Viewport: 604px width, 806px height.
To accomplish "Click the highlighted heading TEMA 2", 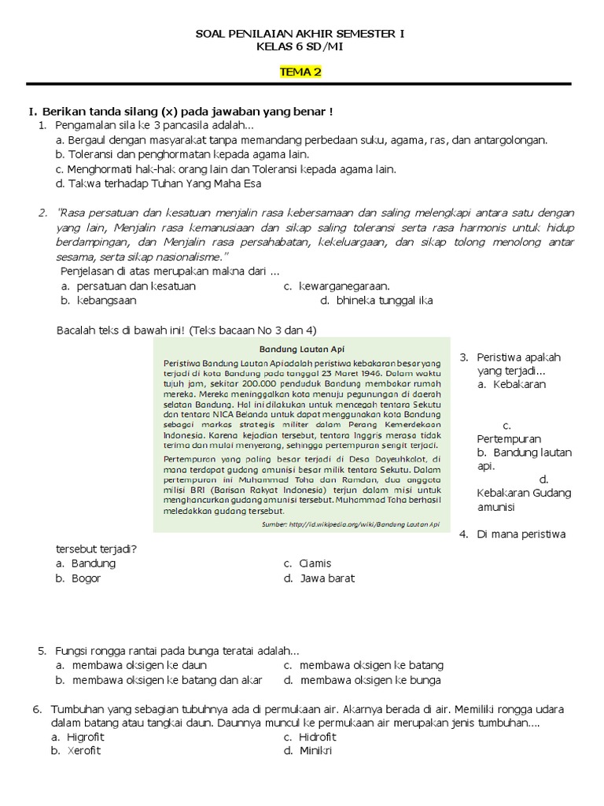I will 301,72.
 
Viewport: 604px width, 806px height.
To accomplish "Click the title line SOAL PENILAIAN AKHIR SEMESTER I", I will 301,35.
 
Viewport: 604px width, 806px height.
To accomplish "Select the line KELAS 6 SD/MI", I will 301,46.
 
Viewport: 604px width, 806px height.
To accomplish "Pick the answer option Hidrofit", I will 317,737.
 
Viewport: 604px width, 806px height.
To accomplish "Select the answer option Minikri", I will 315,750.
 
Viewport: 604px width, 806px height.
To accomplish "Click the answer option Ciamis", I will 315,563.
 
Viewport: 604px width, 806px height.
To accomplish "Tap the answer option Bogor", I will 86,578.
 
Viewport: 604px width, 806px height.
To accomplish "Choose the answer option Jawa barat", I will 326,578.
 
